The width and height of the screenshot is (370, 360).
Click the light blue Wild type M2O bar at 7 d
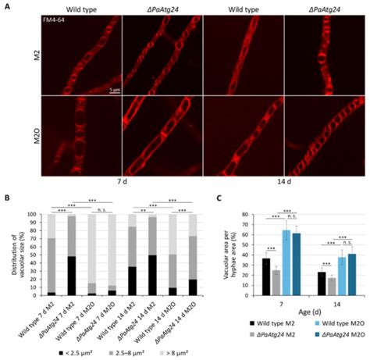pos(286,262)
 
